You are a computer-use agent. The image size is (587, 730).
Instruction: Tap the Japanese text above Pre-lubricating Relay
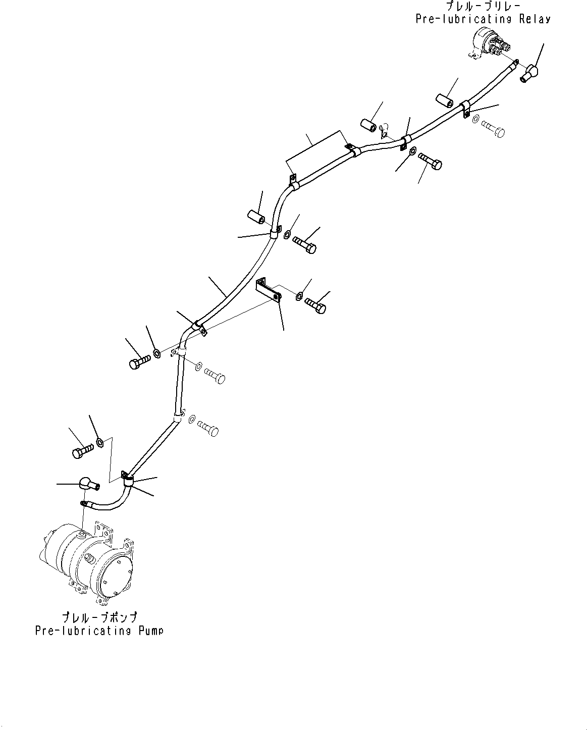(x=483, y=7)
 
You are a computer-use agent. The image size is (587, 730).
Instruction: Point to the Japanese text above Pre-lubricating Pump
(x=99, y=618)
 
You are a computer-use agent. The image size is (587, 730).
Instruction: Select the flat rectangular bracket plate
(x=268, y=291)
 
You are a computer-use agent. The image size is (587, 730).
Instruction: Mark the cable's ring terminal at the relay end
(x=514, y=62)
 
